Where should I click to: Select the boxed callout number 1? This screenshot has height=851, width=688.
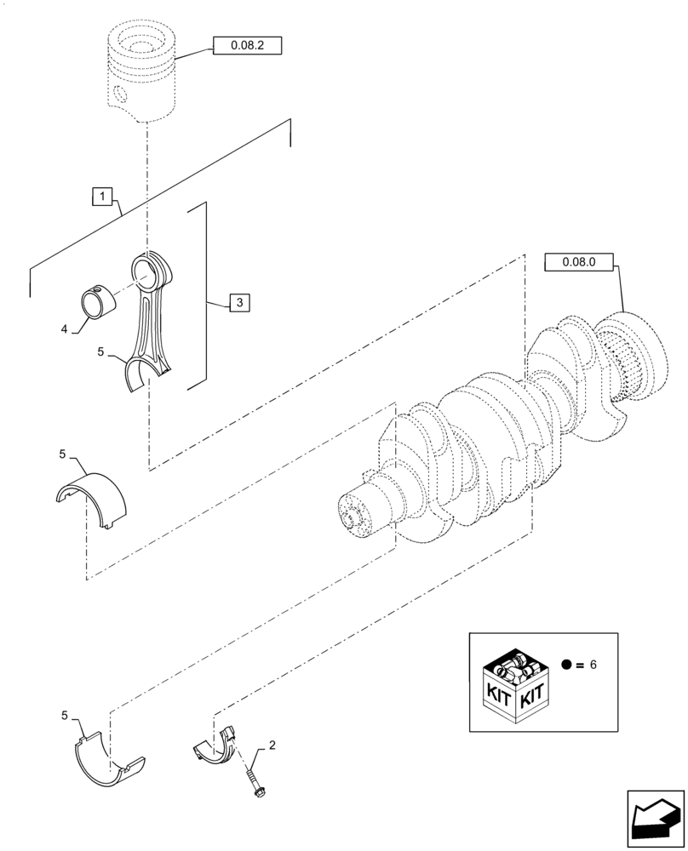pyautogui.click(x=101, y=198)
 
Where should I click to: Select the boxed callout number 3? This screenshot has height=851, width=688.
pyautogui.click(x=239, y=302)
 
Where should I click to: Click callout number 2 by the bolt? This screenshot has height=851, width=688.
pyautogui.click(x=272, y=746)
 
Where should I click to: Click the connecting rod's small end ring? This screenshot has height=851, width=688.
pyautogui.click(x=151, y=272)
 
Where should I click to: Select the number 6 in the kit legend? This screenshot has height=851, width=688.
pyautogui.click(x=594, y=664)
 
